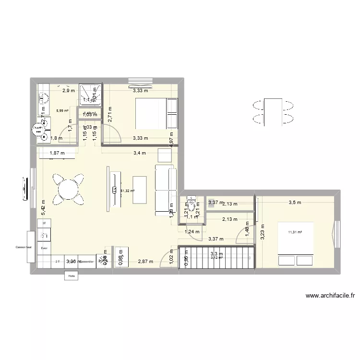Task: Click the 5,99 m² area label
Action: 62,111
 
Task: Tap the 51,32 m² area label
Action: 127,191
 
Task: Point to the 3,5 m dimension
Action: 295,203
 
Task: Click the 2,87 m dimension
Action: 145,262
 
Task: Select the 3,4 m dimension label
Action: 140,154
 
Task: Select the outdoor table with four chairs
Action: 272,111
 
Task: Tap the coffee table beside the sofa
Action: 140,190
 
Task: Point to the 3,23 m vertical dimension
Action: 262,232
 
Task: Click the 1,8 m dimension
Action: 57,138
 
